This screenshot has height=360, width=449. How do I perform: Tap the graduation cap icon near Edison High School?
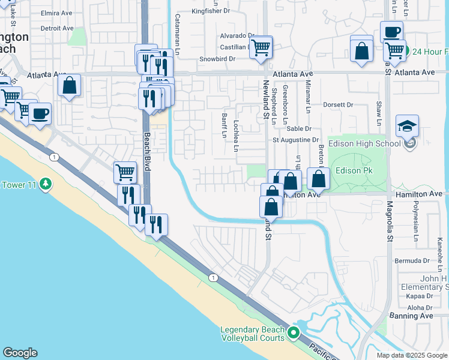[x=407, y=126]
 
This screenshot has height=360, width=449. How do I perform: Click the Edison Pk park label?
[x=355, y=171]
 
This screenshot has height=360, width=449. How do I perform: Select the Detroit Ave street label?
[x=57, y=28]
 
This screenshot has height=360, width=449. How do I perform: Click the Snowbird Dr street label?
[x=217, y=59]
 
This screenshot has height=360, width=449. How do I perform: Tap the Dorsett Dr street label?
[x=338, y=104]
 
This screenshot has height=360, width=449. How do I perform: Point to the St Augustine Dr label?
[x=295, y=140]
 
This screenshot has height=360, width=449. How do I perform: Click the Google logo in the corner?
[x=20, y=353]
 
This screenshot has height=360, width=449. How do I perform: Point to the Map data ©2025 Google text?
[x=411, y=355]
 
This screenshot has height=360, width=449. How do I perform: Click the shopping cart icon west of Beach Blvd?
[x=125, y=172]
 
